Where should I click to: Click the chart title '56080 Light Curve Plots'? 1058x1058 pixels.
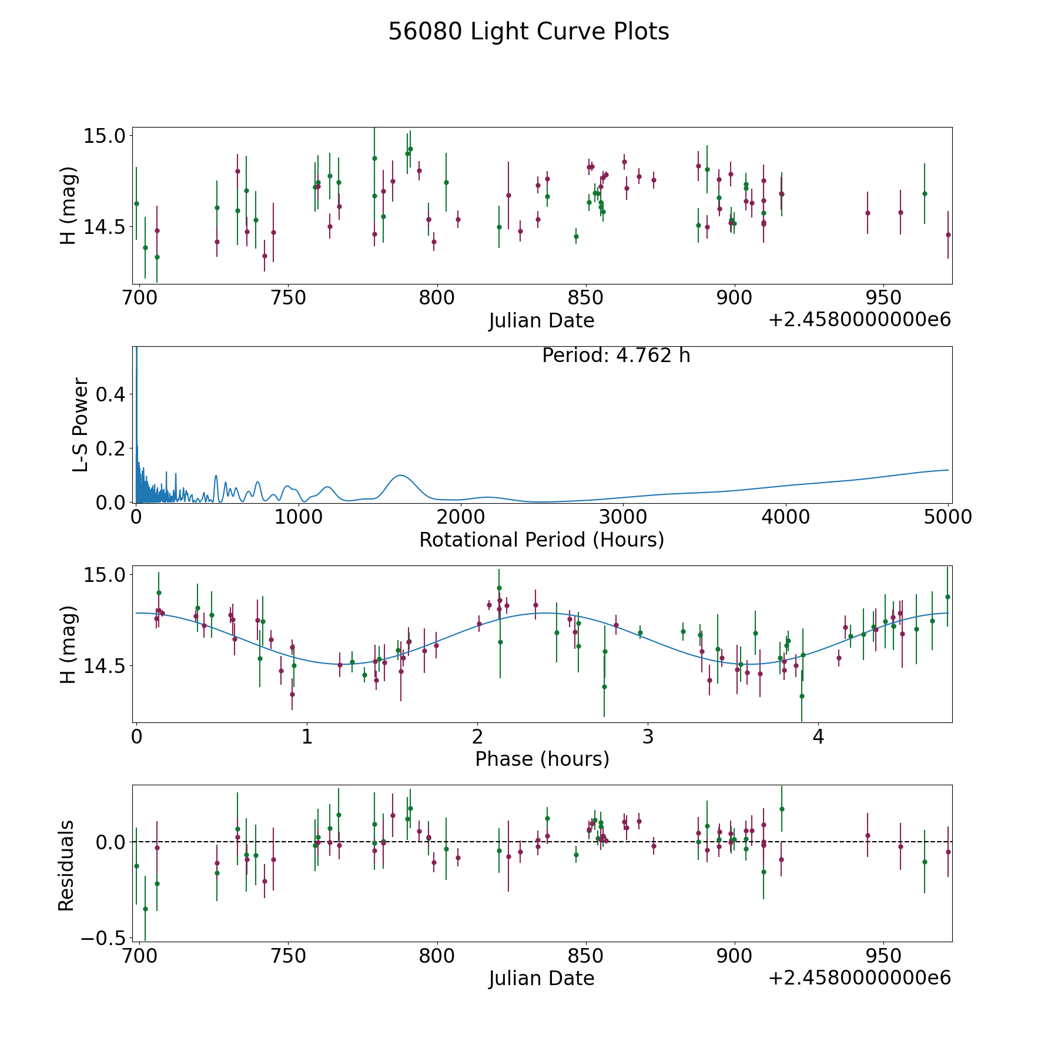tap(528, 32)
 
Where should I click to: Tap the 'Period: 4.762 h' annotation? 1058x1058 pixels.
tap(616, 356)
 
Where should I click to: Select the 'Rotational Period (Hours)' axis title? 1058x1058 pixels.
tap(541, 540)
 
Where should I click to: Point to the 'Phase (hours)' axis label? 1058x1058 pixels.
tap(542, 759)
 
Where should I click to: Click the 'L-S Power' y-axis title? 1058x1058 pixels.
tap(81, 424)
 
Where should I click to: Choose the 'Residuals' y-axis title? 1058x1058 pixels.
tap(66, 865)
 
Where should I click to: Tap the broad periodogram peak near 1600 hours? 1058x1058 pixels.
tap(400, 475)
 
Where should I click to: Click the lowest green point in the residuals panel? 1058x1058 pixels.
tap(145, 909)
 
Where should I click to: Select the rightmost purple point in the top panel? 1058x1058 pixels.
tap(948, 235)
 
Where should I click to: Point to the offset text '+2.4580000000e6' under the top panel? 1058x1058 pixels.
tap(860, 320)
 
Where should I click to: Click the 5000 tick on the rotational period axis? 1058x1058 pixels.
tap(947, 517)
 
